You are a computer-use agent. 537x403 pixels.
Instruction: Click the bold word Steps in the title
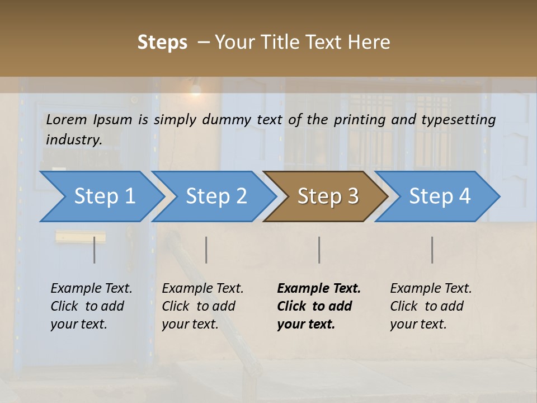click(162, 43)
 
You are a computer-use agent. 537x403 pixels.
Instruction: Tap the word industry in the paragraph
click(73, 139)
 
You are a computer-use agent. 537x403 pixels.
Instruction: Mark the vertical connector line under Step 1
click(95, 250)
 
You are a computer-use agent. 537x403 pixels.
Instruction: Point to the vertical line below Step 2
click(206, 250)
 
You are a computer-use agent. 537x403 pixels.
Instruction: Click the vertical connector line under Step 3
click(319, 250)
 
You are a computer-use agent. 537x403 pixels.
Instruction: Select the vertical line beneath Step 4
click(432, 250)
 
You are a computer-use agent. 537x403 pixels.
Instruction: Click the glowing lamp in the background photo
click(195, 88)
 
